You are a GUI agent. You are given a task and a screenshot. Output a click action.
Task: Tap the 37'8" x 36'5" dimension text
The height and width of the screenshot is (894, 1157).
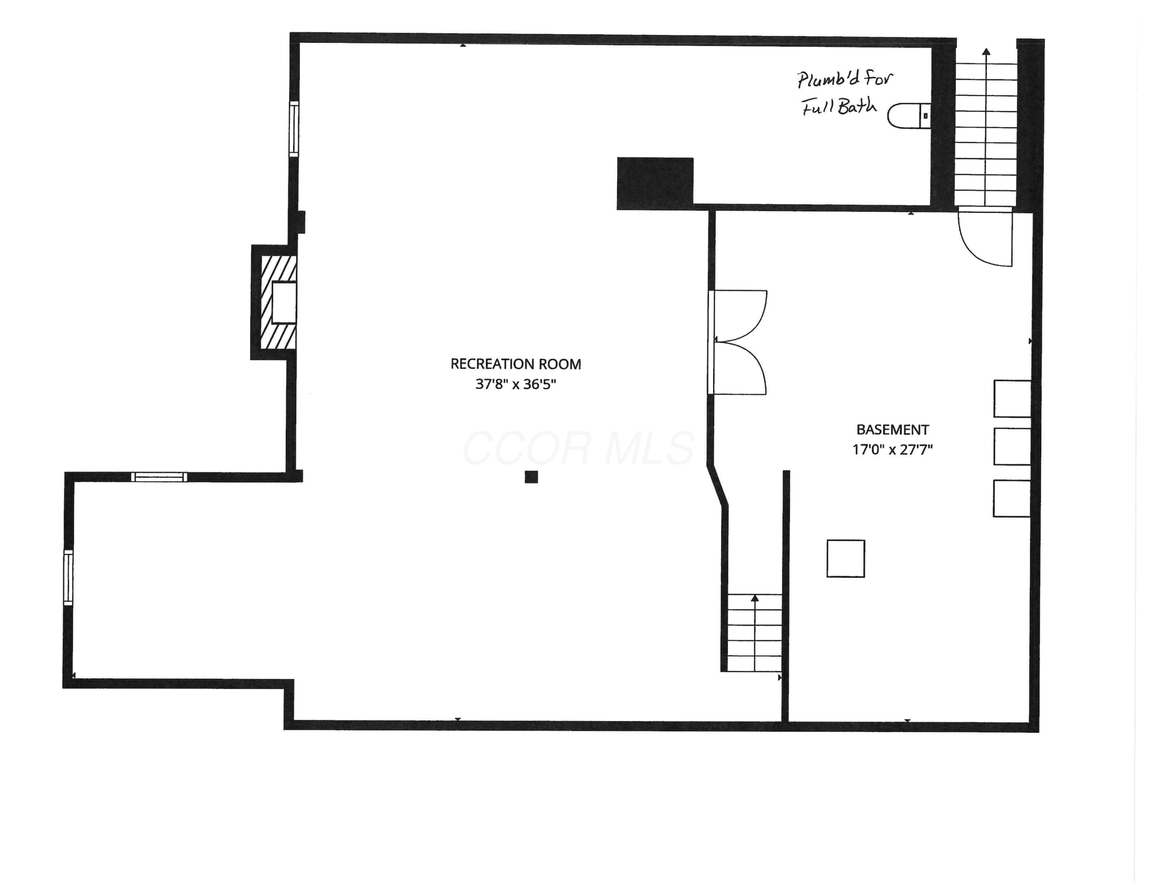pos(516,384)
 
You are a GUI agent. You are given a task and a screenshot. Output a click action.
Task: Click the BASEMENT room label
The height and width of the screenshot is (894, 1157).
pos(893,430)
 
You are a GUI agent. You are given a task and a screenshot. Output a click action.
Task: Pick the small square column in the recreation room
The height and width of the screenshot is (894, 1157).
pos(531,477)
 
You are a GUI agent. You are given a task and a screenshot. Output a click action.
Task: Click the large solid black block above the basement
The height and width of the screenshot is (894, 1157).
pos(655,183)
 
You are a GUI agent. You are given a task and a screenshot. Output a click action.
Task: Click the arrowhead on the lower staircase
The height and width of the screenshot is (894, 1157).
pos(755,598)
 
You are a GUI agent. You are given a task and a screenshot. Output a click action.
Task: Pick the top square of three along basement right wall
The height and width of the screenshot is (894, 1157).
pos(1012,399)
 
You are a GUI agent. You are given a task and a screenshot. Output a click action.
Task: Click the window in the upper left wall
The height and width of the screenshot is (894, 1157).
pos(293,129)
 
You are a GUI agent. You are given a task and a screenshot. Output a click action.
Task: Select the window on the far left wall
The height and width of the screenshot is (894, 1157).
pos(68,577)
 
